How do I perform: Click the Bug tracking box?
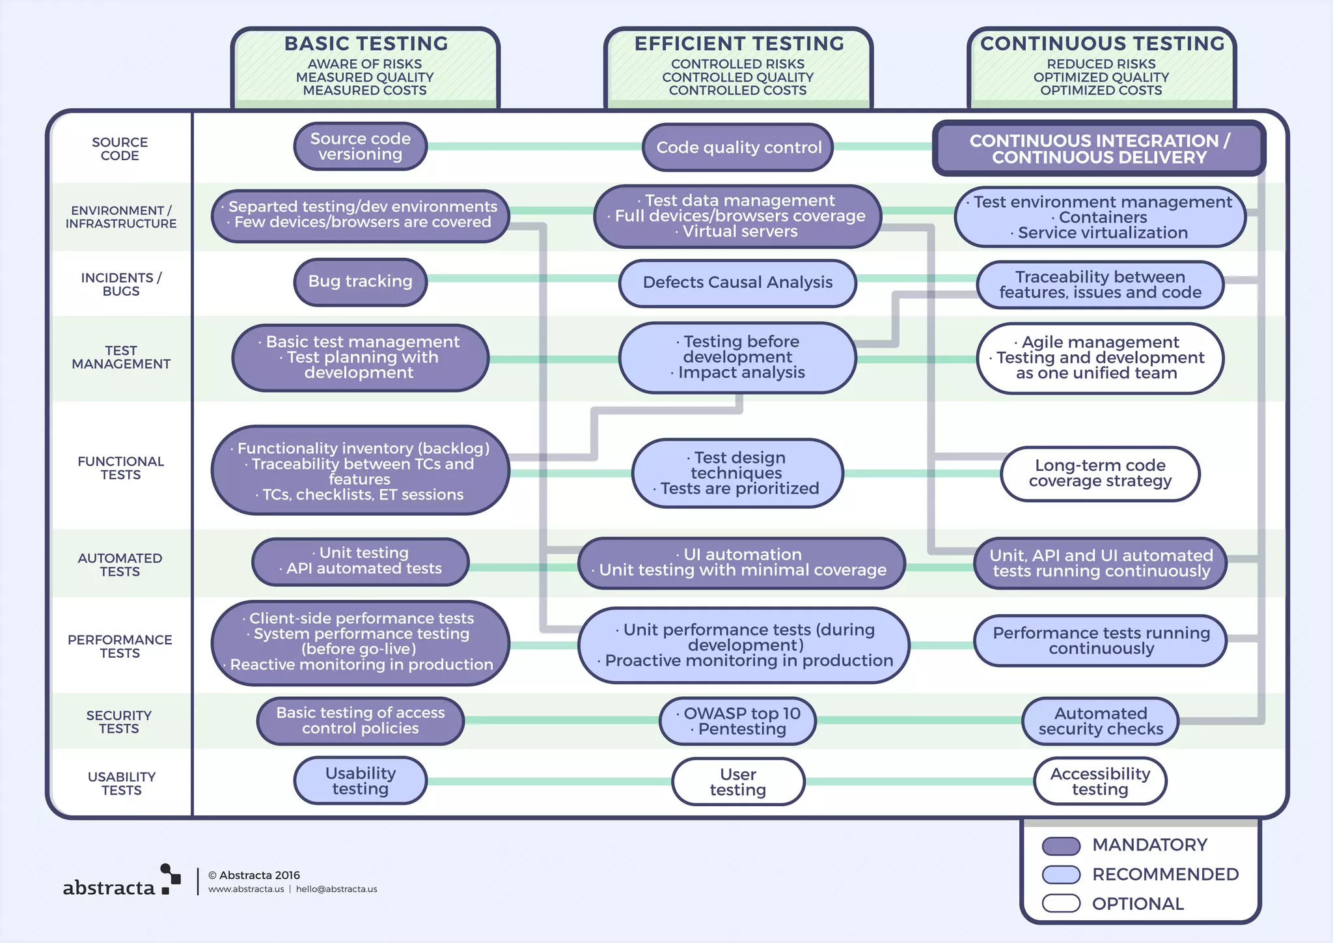pyautogui.click(x=360, y=281)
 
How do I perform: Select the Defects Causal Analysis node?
pyautogui.click(x=737, y=283)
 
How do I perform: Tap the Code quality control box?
pyautogui.click(x=737, y=147)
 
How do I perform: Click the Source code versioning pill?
pyautogui.click(x=360, y=147)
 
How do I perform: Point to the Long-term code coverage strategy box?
pyautogui.click(x=1099, y=473)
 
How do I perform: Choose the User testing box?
pyautogui.click(x=737, y=781)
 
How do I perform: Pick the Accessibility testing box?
pyautogui.click(x=1099, y=781)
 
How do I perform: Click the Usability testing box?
pyautogui.click(x=360, y=781)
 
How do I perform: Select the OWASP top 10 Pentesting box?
pyautogui.click(x=737, y=721)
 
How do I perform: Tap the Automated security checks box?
pyautogui.click(x=1100, y=721)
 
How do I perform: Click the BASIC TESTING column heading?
pyautogui.click(x=366, y=44)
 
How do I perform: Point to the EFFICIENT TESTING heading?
pyautogui.click(x=739, y=44)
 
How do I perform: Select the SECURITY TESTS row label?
pyautogui.click(x=119, y=722)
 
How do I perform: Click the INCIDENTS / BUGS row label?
pyautogui.click(x=121, y=284)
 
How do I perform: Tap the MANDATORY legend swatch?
pyautogui.click(x=1061, y=845)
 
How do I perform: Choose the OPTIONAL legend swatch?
pyautogui.click(x=1061, y=903)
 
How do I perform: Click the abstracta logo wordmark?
pyautogui.click(x=109, y=887)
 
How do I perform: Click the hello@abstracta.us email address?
pyautogui.click(x=337, y=889)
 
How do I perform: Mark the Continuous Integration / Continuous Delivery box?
pyautogui.click(x=1099, y=148)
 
